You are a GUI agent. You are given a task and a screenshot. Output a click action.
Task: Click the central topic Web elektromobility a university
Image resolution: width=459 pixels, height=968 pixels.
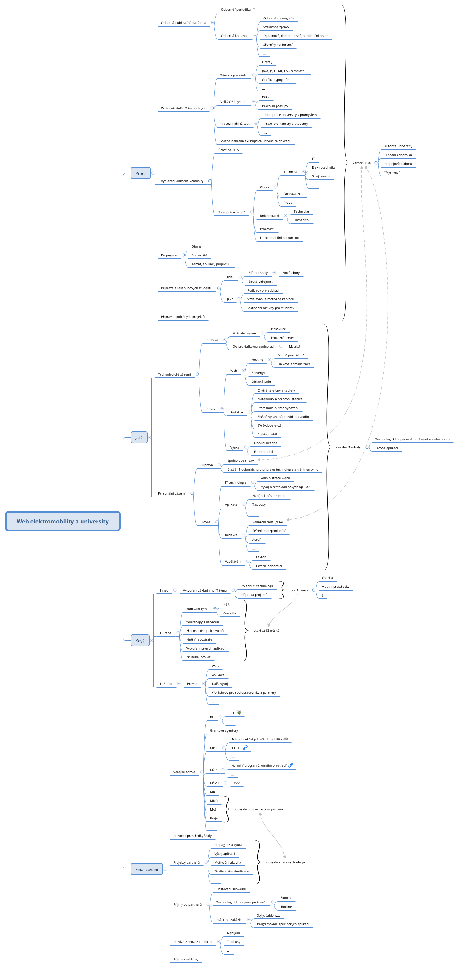(x=62, y=521)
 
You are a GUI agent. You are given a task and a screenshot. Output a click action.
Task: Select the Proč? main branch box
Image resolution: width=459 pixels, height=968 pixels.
(x=140, y=173)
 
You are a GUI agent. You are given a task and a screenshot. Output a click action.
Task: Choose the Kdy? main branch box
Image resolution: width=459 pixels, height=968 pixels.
(x=140, y=641)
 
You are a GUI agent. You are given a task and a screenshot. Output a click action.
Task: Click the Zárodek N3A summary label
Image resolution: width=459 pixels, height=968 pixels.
(x=361, y=163)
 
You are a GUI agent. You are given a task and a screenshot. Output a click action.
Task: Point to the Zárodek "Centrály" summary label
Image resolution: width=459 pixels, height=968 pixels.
(x=348, y=447)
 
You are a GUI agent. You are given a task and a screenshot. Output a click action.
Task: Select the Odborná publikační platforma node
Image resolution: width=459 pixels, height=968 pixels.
(x=183, y=23)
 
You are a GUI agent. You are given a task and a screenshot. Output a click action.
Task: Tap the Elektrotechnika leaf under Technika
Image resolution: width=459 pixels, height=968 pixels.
(x=323, y=168)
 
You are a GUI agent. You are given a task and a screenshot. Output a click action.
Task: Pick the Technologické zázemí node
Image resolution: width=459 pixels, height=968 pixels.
(x=174, y=375)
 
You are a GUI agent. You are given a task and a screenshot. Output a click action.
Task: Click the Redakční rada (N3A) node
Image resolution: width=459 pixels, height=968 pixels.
(x=267, y=522)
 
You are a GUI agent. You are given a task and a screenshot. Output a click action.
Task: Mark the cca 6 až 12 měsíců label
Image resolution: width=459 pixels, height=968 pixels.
(x=266, y=631)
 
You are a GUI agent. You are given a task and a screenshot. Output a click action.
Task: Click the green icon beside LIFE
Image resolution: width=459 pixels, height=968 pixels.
(x=239, y=713)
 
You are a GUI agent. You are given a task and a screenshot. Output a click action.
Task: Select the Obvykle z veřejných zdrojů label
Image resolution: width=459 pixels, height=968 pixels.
(x=285, y=862)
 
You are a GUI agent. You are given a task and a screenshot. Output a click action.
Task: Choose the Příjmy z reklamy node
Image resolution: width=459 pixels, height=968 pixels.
(x=185, y=959)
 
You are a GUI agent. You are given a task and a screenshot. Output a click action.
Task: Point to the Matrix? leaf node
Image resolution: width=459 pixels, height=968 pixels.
(x=294, y=347)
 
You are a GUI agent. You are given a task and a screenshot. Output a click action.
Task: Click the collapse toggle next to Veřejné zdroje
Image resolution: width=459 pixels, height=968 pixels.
(x=202, y=772)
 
